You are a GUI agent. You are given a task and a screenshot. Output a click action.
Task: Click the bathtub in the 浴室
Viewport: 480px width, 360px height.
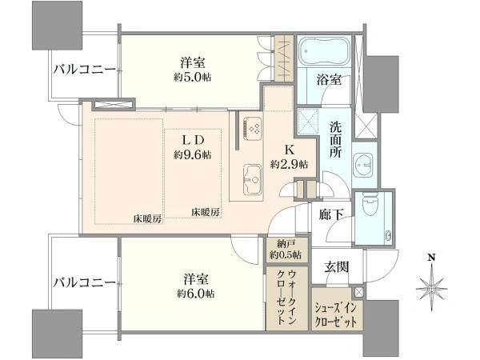323,51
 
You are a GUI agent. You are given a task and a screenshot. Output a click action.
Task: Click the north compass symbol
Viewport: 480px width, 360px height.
432,287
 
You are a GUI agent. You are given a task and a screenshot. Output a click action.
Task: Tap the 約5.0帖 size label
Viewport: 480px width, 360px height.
193,77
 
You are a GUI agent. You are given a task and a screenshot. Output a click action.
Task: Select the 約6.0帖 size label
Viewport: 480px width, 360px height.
196,294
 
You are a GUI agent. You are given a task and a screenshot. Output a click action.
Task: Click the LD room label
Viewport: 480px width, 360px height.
193,141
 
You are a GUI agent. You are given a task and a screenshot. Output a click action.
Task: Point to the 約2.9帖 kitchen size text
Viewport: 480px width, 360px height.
289,164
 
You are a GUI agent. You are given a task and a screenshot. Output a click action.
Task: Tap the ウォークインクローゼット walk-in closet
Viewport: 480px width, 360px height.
286,298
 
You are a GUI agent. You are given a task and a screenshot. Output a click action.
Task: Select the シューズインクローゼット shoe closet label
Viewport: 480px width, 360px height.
336,315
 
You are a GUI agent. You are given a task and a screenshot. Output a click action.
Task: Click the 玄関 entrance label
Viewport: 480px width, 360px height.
337,267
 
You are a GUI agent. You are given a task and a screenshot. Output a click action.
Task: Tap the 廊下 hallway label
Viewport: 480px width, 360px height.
331,214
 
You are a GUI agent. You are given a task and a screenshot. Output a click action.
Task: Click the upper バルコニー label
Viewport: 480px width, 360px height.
85,70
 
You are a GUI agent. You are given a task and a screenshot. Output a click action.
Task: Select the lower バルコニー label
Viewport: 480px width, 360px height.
85,282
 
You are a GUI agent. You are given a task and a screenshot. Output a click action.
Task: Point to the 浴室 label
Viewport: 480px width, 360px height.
329,80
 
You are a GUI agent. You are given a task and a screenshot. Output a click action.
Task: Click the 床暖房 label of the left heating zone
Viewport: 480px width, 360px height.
147,219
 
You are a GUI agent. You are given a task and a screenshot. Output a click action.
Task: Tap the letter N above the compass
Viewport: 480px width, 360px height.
432,258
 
